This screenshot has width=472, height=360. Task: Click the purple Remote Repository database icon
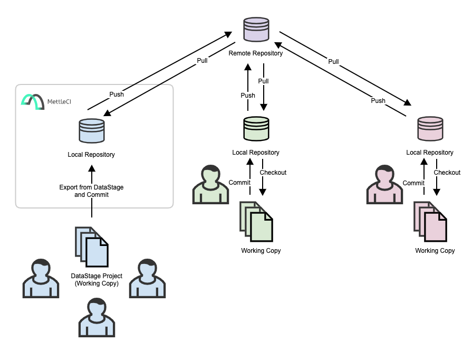click(x=256, y=30)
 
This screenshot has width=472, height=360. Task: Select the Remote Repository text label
click(x=256, y=53)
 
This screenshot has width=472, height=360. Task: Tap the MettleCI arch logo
click(x=32, y=101)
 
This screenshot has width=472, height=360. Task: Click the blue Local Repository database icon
click(x=91, y=130)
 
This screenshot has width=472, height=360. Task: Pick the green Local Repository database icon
click(x=256, y=129)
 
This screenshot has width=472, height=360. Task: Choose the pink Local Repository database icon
click(x=430, y=129)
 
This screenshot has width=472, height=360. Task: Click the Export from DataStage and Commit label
click(x=91, y=191)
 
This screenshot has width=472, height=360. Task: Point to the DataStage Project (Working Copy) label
click(x=97, y=280)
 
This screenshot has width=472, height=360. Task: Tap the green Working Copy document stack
click(x=256, y=221)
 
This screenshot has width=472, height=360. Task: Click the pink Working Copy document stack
click(x=430, y=221)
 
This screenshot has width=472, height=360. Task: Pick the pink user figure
click(x=384, y=185)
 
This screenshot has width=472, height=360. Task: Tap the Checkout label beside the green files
click(x=273, y=173)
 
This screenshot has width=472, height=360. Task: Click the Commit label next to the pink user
click(x=413, y=183)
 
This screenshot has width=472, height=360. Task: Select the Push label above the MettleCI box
click(x=117, y=94)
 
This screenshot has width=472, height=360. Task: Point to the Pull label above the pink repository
click(x=333, y=62)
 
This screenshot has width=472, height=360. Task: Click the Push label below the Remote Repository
click(x=248, y=96)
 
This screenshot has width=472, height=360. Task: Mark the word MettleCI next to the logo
click(x=60, y=100)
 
